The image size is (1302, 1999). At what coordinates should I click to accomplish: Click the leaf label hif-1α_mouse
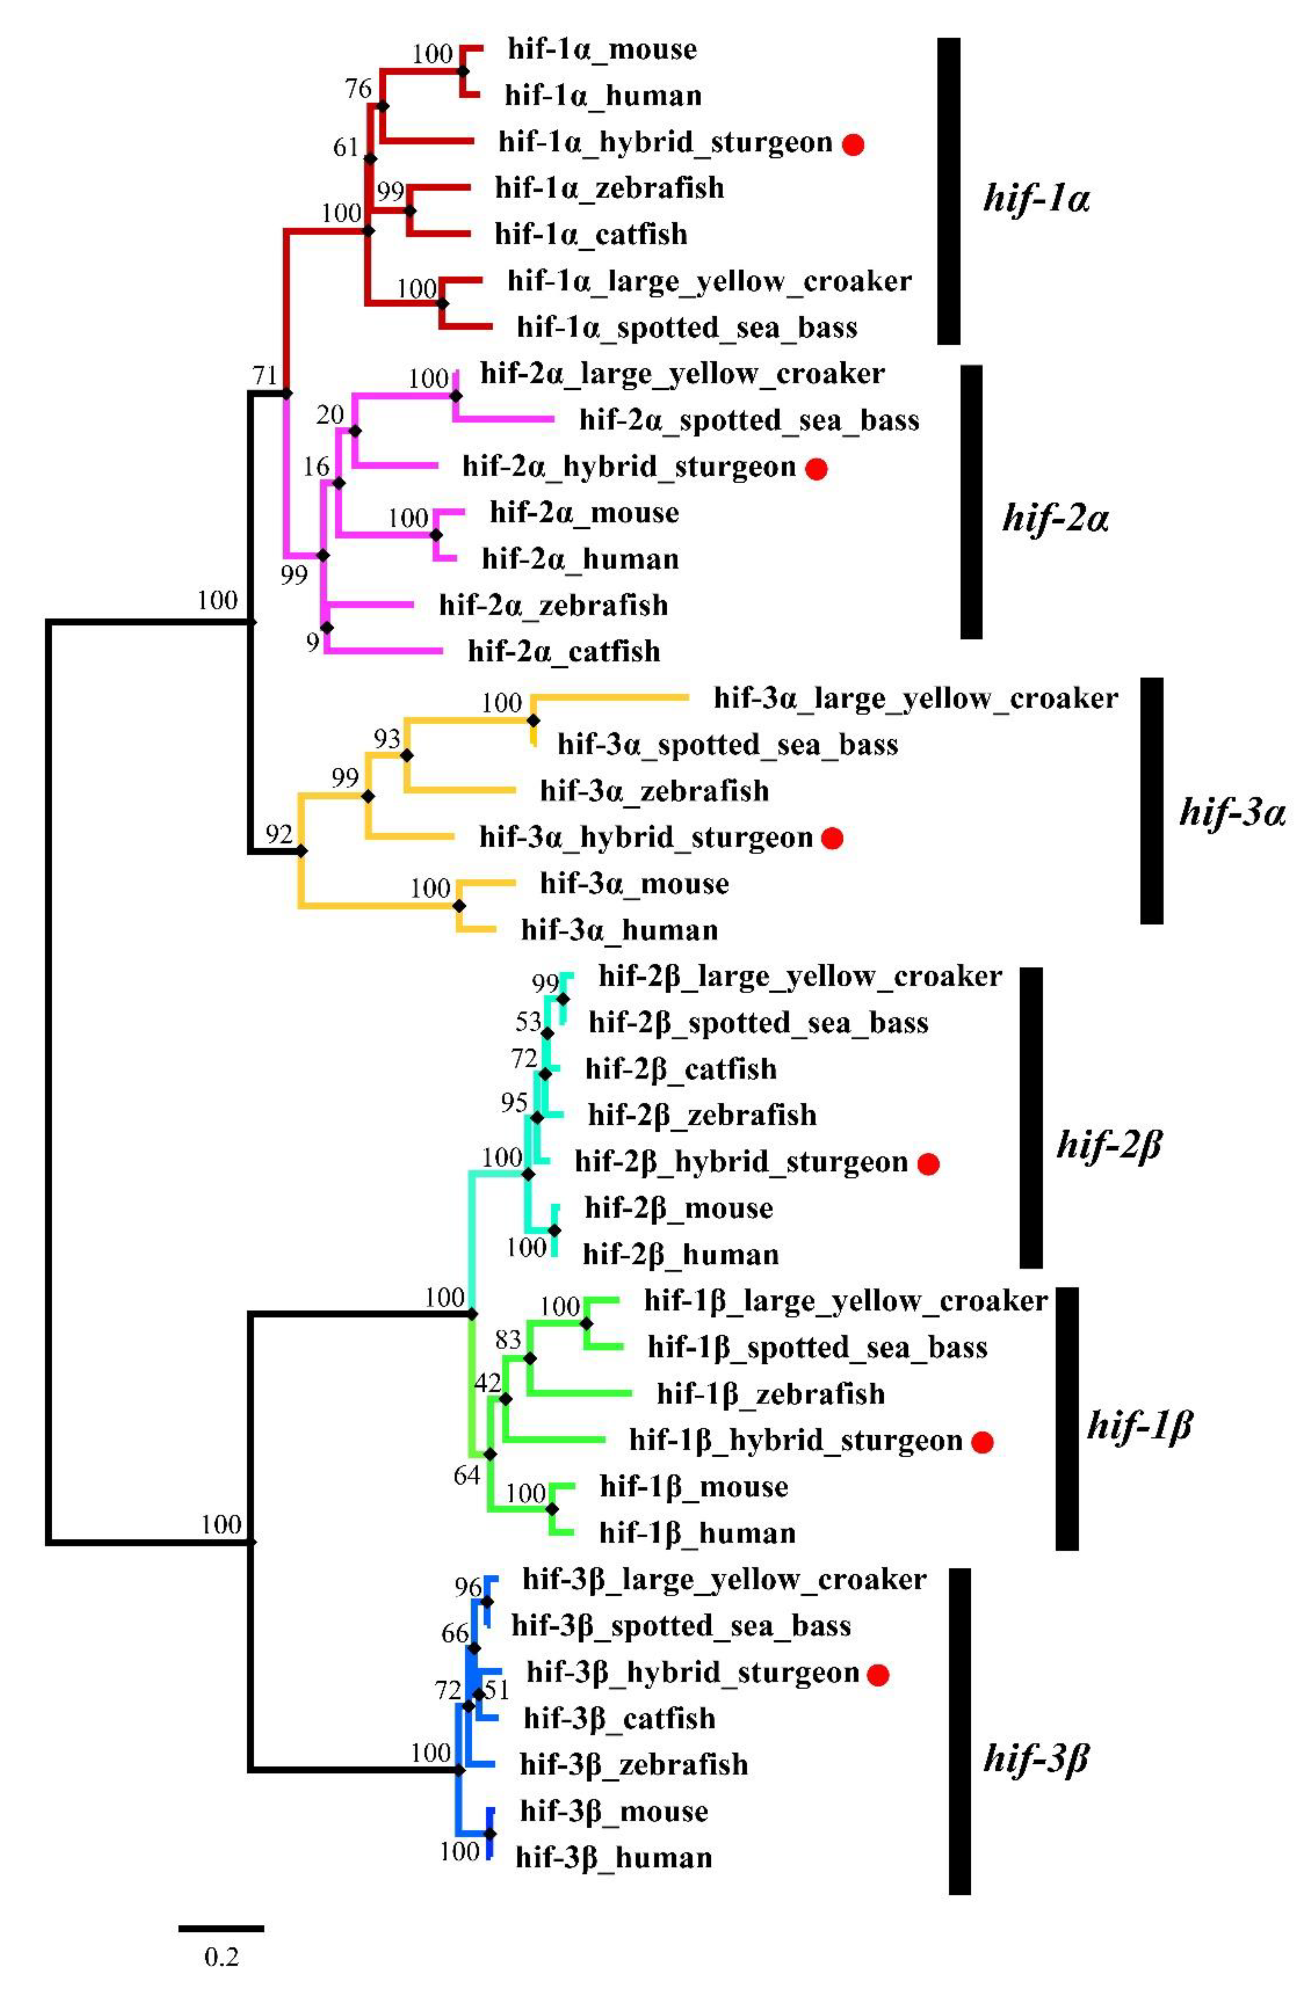pyautogui.click(x=601, y=49)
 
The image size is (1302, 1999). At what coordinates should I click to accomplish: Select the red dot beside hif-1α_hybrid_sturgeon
pyautogui.click(x=853, y=145)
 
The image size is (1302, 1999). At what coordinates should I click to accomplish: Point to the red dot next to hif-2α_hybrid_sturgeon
pyautogui.click(x=816, y=469)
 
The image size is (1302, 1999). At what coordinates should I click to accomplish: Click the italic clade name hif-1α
pyautogui.click(x=1036, y=200)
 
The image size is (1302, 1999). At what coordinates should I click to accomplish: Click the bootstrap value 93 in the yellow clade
pyautogui.click(x=387, y=739)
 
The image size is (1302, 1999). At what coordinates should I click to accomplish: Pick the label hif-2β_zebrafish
pyautogui.click(x=702, y=1115)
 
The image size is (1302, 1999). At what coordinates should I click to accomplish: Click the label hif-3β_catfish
pyautogui.click(x=619, y=1719)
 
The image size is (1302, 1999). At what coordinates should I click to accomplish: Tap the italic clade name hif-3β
pyautogui.click(x=1036, y=1757)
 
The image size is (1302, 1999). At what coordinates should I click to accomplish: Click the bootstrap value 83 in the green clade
pyautogui.click(x=508, y=1340)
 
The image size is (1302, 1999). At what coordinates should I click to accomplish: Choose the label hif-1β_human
pyautogui.click(x=697, y=1534)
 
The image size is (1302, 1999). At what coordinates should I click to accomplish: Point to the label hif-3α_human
pyautogui.click(x=619, y=930)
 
